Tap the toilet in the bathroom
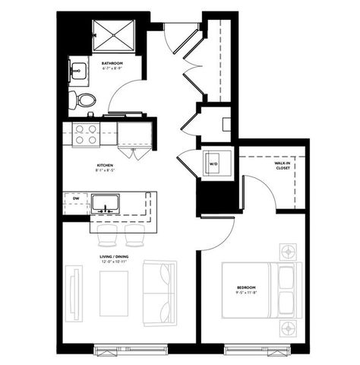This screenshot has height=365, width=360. coord(84,100)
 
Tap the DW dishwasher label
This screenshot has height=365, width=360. coord(76,199)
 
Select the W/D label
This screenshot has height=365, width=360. coord(214,163)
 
